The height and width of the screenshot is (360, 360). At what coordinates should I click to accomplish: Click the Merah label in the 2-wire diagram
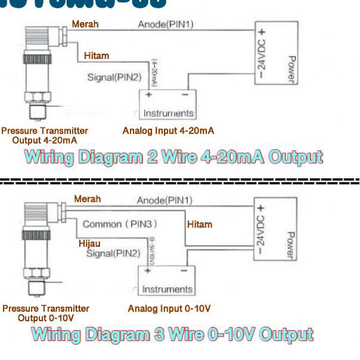point(85,24)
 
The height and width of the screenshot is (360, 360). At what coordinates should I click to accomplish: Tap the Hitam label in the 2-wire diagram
point(97,55)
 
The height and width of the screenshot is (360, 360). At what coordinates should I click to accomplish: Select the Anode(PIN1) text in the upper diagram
point(166,24)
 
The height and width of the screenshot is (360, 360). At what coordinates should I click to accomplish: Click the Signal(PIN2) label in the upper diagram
point(114,77)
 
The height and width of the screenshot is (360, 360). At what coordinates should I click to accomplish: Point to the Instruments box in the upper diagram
point(167,104)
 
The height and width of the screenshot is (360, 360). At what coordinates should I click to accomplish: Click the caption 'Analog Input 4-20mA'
point(168,131)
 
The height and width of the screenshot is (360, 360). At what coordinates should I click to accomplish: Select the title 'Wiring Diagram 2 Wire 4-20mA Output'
point(174,157)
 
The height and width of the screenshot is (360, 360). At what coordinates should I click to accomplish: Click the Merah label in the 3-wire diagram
point(87,199)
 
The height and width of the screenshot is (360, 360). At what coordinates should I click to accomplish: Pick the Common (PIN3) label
point(120,224)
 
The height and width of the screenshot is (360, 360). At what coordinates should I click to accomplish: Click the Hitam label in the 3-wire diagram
point(200,224)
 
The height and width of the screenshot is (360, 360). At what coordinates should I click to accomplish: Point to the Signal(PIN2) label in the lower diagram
point(113,253)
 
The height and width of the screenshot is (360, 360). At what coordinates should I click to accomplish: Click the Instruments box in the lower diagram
point(167,281)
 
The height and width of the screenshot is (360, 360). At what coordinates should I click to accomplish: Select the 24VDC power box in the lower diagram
point(275,232)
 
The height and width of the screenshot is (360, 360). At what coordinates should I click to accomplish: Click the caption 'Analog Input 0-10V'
point(169,308)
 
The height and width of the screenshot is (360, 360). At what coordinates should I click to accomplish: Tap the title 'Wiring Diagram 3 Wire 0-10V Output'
point(173,334)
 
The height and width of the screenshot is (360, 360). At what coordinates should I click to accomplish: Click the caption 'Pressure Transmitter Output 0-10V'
point(46,313)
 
